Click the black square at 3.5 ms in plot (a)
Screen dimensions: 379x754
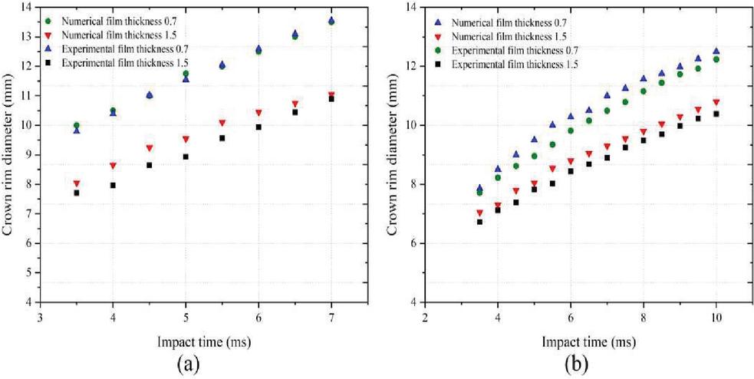[x=77, y=193]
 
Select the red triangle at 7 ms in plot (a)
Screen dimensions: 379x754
[x=331, y=95]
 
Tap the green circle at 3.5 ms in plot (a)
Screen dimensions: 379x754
[x=77, y=125]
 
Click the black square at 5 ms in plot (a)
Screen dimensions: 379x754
[x=186, y=157]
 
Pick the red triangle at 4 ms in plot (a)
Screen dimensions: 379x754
[x=114, y=166]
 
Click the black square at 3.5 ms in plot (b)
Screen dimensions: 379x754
[x=480, y=222]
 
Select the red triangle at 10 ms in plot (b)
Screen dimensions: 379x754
[x=716, y=102]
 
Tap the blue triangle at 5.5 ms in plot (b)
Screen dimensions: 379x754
[x=552, y=124]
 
